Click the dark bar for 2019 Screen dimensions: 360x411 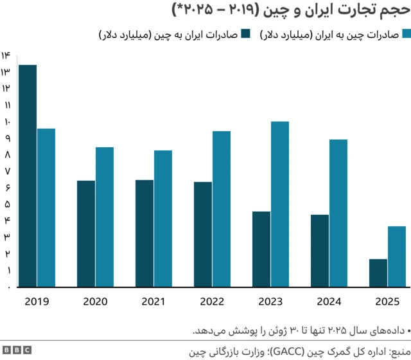(x=28, y=176)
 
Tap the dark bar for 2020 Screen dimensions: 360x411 (x=86, y=234)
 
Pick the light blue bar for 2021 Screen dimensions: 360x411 (x=163, y=219)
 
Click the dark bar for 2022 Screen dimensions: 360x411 (x=203, y=235)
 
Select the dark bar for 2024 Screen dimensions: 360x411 (x=320, y=251)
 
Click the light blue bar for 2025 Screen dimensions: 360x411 (x=397, y=256)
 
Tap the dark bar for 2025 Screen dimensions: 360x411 (x=378, y=273)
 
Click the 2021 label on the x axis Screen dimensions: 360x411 (x=153, y=301)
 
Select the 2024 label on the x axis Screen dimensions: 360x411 (x=329, y=301)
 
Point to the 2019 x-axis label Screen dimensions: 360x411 (x=37, y=301)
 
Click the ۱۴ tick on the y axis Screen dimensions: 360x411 (x=6, y=55)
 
